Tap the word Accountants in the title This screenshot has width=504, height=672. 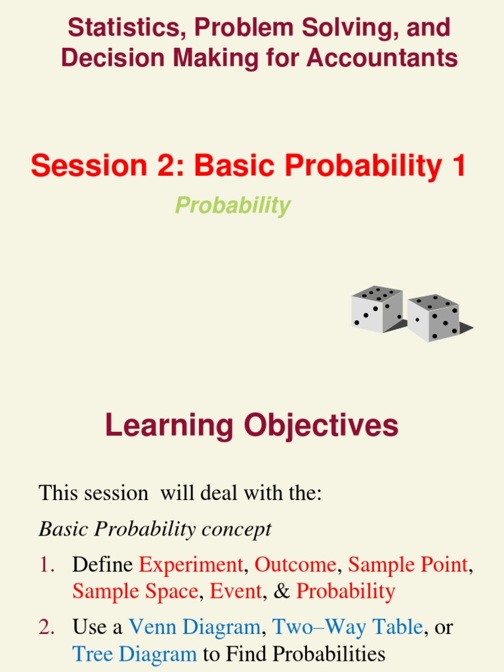pos(383,58)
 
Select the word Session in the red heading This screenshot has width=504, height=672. pos(89,165)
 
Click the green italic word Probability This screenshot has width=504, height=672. pos(233,205)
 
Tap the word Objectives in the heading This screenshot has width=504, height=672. pos(321,425)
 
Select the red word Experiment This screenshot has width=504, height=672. pos(191,565)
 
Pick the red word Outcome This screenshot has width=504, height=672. pos(295,564)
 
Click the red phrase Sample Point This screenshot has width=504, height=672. pos(408,565)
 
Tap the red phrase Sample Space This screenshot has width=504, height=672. pos(135,591)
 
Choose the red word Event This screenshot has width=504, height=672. pos(236,591)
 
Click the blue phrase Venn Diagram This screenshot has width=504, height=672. pos(194,627)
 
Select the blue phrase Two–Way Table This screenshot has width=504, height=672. pos(348,627)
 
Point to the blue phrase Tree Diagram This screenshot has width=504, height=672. pos(135,654)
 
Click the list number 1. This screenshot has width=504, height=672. pos(47,565)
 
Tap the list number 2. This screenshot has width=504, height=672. pos(47,627)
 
